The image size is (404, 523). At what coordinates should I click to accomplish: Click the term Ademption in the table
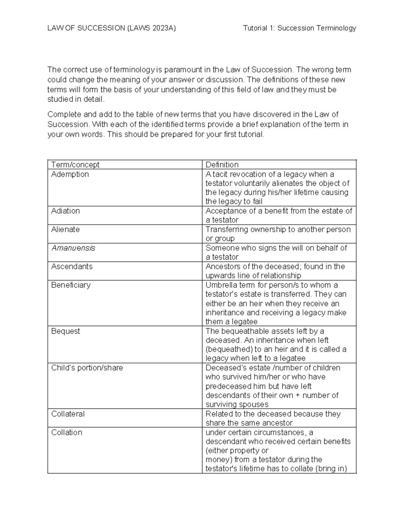coord(70,174)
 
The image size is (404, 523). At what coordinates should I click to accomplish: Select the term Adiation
coord(65,211)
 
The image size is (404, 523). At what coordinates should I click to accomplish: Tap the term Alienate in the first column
coord(65,230)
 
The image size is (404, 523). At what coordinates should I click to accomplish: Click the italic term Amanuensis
coord(73,248)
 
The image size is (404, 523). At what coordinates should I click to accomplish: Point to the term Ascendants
coord(72,267)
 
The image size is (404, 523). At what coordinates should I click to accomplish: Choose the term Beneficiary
coord(71,285)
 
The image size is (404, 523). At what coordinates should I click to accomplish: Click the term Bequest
coord(65,331)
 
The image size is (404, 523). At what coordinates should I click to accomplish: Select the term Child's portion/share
coord(87,368)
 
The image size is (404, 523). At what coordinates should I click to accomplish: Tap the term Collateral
coord(68,414)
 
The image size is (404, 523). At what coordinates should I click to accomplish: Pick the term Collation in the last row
coord(66,433)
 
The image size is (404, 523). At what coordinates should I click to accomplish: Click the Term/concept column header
coord(75,165)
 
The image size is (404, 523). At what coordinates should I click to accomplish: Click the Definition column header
coord(222,165)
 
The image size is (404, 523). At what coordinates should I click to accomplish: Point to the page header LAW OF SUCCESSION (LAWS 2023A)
coord(111,28)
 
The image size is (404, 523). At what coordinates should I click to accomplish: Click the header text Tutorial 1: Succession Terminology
coord(299,28)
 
